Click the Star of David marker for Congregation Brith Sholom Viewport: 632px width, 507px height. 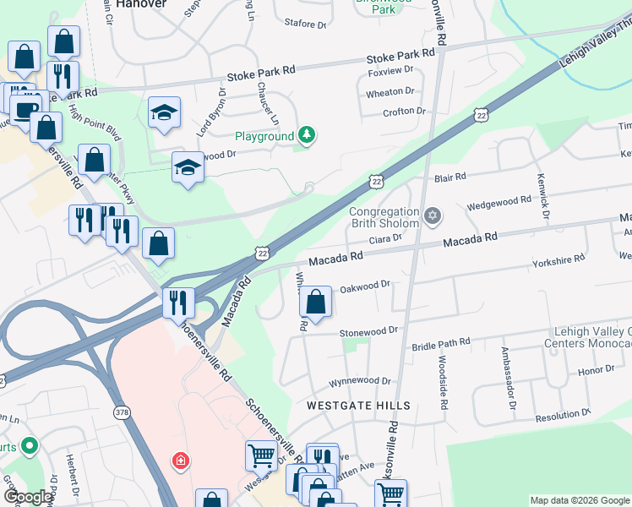pyautogui.click(x=433, y=217)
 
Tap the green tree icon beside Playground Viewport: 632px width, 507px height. pyautogui.click(x=308, y=135)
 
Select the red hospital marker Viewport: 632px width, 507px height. pyautogui.click(x=179, y=461)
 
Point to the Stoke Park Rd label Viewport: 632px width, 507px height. pyautogui.click(x=400, y=57)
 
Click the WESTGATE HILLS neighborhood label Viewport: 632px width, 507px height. pyautogui.click(x=358, y=406)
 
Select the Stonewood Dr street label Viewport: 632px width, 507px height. pyautogui.click(x=368, y=333)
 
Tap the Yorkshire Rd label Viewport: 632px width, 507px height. pyautogui.click(x=559, y=262)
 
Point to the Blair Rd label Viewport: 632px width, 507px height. pyautogui.click(x=449, y=177)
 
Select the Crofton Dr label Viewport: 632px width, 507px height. pyautogui.click(x=404, y=112)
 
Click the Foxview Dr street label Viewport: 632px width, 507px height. pyautogui.click(x=391, y=71)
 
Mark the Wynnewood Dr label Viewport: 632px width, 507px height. pyautogui.click(x=360, y=381)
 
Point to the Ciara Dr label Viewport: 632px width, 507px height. pyautogui.click(x=384, y=238)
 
